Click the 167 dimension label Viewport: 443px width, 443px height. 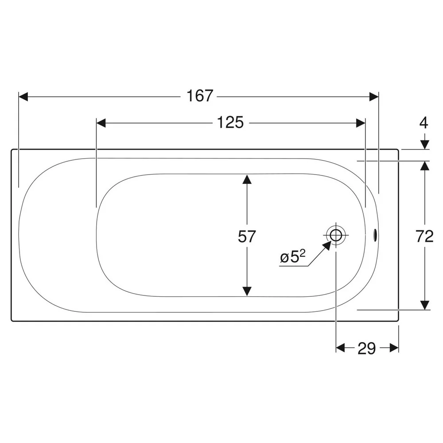[199, 96]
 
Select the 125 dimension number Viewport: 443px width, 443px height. [230, 123]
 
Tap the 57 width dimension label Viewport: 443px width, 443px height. [247, 236]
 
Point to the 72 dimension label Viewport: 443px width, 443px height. [424, 236]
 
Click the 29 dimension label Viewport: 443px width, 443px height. [367, 348]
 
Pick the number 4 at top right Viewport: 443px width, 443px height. [424, 123]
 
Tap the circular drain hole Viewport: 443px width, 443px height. [336, 235]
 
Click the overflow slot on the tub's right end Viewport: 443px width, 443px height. [375, 235]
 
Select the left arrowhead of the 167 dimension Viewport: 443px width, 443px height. [23, 97]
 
